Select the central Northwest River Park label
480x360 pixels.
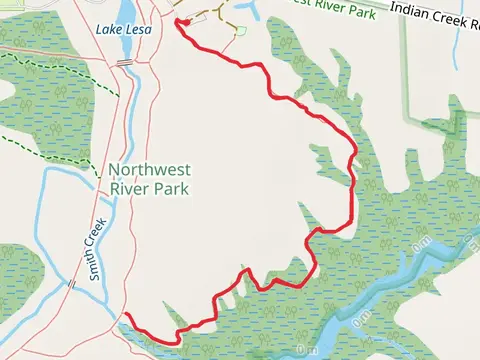coord(149,178)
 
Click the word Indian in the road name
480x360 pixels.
coord(412,7)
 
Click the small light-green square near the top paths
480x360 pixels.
coord(240,31)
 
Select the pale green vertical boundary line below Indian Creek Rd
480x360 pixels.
coord(405,70)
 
